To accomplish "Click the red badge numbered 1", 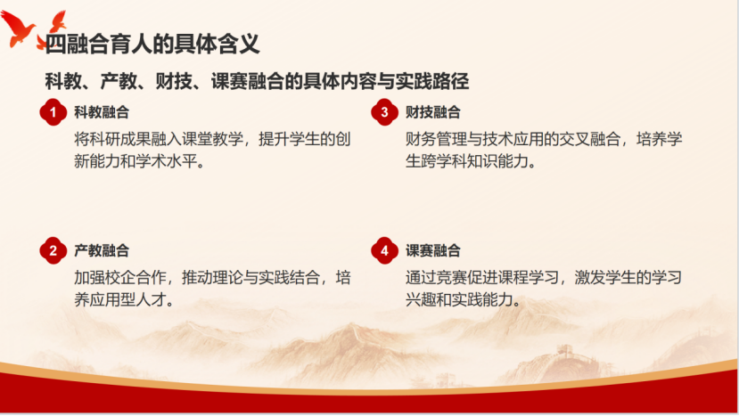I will (x=53, y=112).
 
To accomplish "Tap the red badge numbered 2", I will (x=53, y=251).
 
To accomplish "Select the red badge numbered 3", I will (x=384, y=112).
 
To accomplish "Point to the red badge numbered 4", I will (x=384, y=251).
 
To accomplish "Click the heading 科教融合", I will (x=102, y=112).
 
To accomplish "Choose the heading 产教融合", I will (x=102, y=251).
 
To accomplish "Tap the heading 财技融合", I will (x=433, y=112).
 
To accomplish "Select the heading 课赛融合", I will (x=433, y=251).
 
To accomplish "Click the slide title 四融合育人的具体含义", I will (x=152, y=43).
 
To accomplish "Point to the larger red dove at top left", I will (x=20, y=30).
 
